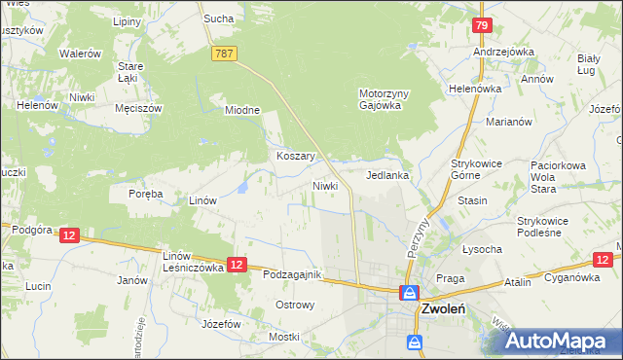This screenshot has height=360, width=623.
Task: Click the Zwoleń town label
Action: [443, 309]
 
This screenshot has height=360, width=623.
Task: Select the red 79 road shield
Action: [480, 25]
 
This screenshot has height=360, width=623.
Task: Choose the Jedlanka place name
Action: [386, 176]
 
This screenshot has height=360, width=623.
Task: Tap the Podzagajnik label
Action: [292, 275]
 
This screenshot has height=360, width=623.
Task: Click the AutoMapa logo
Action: [560, 341]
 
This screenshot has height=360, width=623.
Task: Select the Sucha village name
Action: [216, 18]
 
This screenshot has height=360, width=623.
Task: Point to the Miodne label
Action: [242, 110]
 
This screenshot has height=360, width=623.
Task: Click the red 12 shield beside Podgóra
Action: [68, 234]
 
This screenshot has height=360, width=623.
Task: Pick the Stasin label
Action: [472, 200]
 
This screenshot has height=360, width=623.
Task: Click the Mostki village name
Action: [284, 337]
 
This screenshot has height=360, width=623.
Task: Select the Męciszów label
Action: [137, 108]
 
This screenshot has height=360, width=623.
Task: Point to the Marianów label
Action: [508, 123]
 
